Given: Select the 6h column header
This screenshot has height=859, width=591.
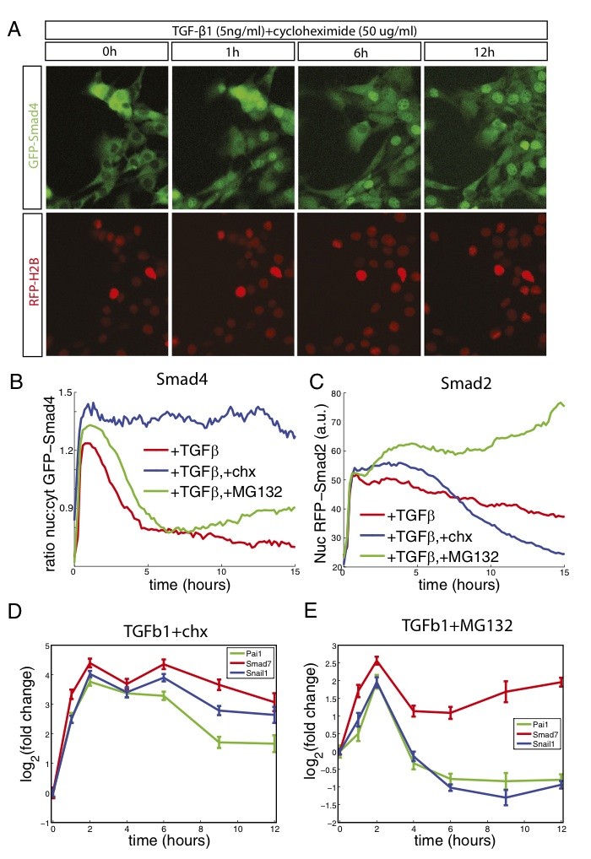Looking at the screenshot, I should point(359,51).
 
